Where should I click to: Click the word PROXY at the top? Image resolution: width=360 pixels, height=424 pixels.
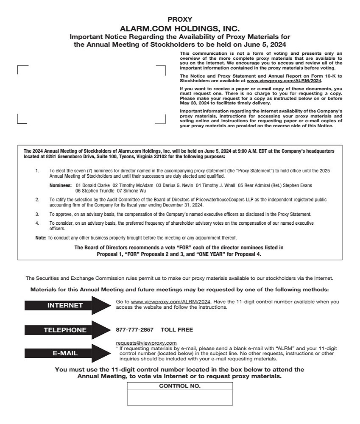click(x=180, y=19)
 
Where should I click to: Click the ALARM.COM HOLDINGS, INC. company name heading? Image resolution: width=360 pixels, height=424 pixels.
click(x=180, y=28)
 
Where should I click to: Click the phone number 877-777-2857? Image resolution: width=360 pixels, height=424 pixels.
click(x=134, y=329)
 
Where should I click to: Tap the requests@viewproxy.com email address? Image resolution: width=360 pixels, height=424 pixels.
click(x=146, y=343)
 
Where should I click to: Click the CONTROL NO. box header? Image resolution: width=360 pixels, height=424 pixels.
click(x=180, y=386)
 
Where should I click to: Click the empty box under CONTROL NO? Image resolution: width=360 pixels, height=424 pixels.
click(x=180, y=397)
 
